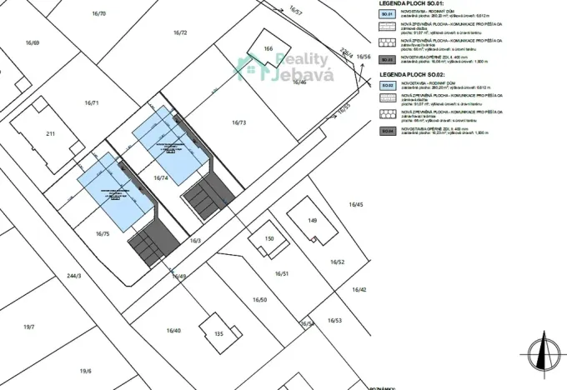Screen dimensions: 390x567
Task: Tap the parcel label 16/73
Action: [x=238, y=122]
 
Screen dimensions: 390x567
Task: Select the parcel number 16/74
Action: [x=161, y=178]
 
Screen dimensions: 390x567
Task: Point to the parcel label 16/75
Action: [x=103, y=235]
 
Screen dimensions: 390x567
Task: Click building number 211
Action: [x=50, y=133]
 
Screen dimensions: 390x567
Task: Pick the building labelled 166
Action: [x=268, y=49]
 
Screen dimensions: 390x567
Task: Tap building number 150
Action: [x=268, y=239]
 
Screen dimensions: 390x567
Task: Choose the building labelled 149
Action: [x=313, y=221]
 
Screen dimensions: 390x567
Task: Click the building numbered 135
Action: [x=219, y=334]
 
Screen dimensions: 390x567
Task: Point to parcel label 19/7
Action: [x=29, y=327]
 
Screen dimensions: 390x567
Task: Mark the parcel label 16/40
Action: [x=173, y=331]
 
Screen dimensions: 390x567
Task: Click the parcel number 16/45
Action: [x=356, y=204]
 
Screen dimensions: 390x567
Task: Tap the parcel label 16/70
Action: [x=99, y=14]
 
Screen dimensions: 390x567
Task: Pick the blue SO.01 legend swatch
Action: [x=386, y=15]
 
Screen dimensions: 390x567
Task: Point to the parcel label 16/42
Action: [x=359, y=289]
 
